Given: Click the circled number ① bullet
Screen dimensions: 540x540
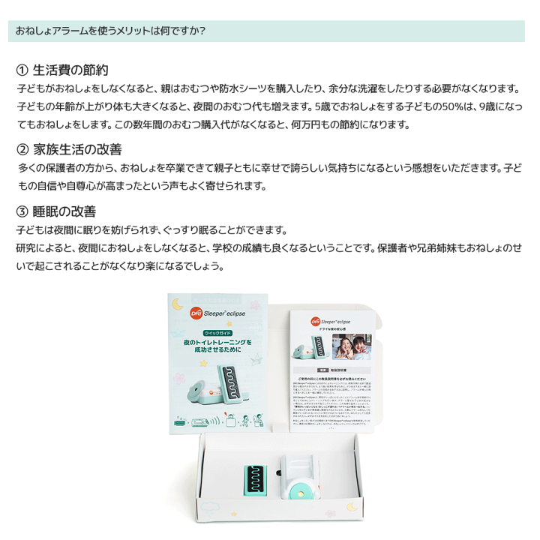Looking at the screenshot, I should click(x=22, y=70).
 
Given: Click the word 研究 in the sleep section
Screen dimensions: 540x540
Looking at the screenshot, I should click(x=28, y=247).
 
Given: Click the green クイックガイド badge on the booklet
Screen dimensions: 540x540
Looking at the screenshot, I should click(x=217, y=332).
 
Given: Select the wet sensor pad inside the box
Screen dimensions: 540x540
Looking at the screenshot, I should click(x=257, y=478).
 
